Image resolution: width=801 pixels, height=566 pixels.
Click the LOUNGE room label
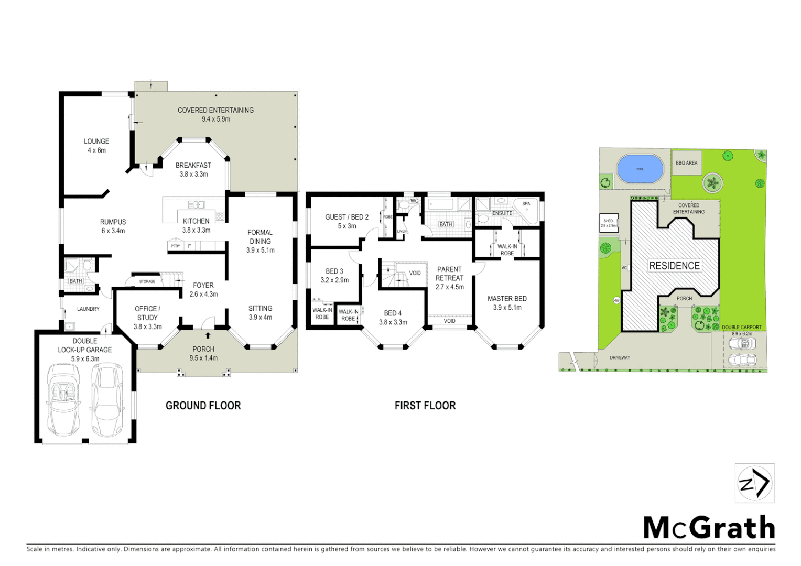96,141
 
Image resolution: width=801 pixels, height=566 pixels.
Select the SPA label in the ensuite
526,204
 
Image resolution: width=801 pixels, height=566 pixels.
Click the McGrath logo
709,527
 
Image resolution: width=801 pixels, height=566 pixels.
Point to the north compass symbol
754,483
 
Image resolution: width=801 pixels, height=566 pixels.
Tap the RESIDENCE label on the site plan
674,266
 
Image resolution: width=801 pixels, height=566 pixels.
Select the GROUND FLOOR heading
203,406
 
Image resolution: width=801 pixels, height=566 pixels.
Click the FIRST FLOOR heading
425,406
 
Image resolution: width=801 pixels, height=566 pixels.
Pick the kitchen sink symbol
196,205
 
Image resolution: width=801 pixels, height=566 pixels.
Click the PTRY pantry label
176,246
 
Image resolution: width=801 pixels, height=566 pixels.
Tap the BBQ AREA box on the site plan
686,163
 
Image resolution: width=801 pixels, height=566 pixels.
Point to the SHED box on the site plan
608,223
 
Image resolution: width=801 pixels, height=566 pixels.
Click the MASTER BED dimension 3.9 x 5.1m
507,308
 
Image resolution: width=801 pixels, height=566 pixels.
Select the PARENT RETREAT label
449,274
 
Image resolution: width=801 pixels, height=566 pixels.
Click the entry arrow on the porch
208,335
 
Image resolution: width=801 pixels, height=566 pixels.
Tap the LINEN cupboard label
402,231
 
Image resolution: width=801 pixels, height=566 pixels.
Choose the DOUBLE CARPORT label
741,327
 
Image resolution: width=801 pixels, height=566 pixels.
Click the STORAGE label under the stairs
147,281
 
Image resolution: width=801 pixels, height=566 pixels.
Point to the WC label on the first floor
414,201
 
